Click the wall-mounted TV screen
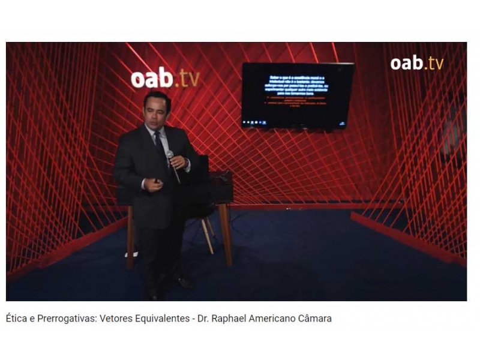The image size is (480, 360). pos(298,95)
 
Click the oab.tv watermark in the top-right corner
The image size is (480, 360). pos(416,62)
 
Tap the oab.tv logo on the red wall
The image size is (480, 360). pos(164,79)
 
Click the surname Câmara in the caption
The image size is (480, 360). pos(314,319)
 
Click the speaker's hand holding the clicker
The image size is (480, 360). pos(154,184)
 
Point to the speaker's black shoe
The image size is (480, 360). pos(184,282)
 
